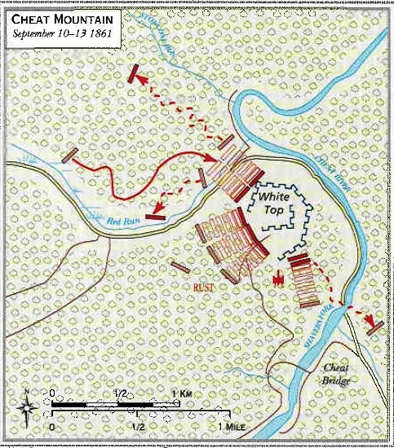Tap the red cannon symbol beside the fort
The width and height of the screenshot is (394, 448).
(x=280, y=279)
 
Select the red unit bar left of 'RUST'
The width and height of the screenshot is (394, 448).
(x=181, y=266)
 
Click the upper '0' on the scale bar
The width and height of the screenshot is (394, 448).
(x=54, y=393)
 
